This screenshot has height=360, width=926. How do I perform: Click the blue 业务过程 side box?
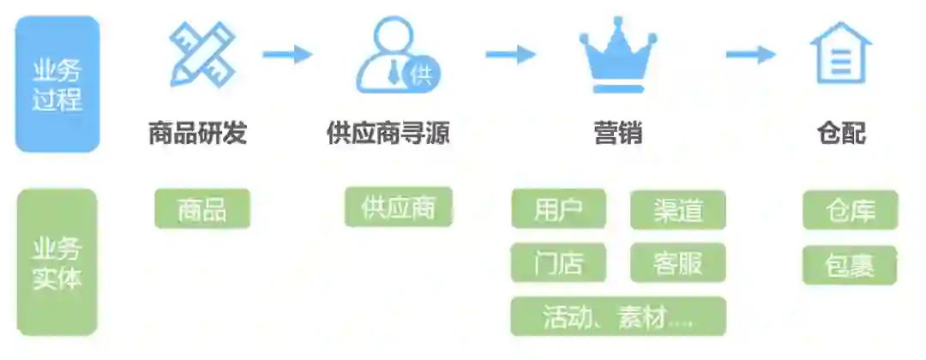(x=57, y=84)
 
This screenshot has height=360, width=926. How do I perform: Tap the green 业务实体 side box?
(x=57, y=262)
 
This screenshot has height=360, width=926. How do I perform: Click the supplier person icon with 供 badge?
(x=397, y=56)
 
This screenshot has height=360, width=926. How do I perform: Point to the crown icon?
(x=617, y=57)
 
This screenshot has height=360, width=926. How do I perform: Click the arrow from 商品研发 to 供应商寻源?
(x=287, y=55)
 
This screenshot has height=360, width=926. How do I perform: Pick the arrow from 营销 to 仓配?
(x=750, y=55)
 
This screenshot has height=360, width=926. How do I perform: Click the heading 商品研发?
(x=197, y=134)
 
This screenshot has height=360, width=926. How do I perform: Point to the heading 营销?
(x=617, y=134)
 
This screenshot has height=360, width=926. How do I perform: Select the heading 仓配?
(x=841, y=134)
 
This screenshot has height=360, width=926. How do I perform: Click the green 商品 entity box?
(x=202, y=208)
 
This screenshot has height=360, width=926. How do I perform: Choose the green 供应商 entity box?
(x=398, y=207)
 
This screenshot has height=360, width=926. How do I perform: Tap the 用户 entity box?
(x=559, y=209)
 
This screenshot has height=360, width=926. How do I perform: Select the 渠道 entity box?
(x=677, y=210)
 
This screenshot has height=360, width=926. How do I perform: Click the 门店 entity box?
(x=559, y=263)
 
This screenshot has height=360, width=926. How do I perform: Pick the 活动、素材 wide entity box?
(x=617, y=316)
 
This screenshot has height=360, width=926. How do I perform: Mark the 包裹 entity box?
(x=850, y=265)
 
